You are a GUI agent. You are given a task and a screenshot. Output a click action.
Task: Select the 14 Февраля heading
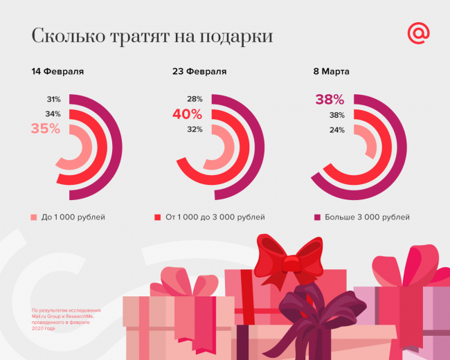(57, 71)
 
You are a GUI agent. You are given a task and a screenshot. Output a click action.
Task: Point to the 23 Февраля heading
(199, 71)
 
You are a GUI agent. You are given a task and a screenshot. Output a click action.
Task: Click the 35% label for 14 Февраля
(46, 128)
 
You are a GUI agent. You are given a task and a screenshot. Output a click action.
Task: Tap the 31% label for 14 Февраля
(53, 99)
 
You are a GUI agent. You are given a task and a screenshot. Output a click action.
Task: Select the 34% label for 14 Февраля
(53, 114)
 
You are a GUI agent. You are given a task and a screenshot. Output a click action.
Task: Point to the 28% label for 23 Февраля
(195, 99)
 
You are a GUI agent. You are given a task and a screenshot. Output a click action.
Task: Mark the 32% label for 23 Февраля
(195, 129)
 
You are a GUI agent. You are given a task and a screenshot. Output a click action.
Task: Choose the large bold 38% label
(330, 100)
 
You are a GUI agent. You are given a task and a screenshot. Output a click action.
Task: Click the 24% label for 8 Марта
(337, 129)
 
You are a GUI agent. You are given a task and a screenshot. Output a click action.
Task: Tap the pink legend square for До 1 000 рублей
(34, 217)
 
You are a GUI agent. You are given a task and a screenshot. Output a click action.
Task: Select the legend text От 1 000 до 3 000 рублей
(215, 217)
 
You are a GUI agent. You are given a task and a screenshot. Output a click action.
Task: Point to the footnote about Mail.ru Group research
(66, 319)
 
